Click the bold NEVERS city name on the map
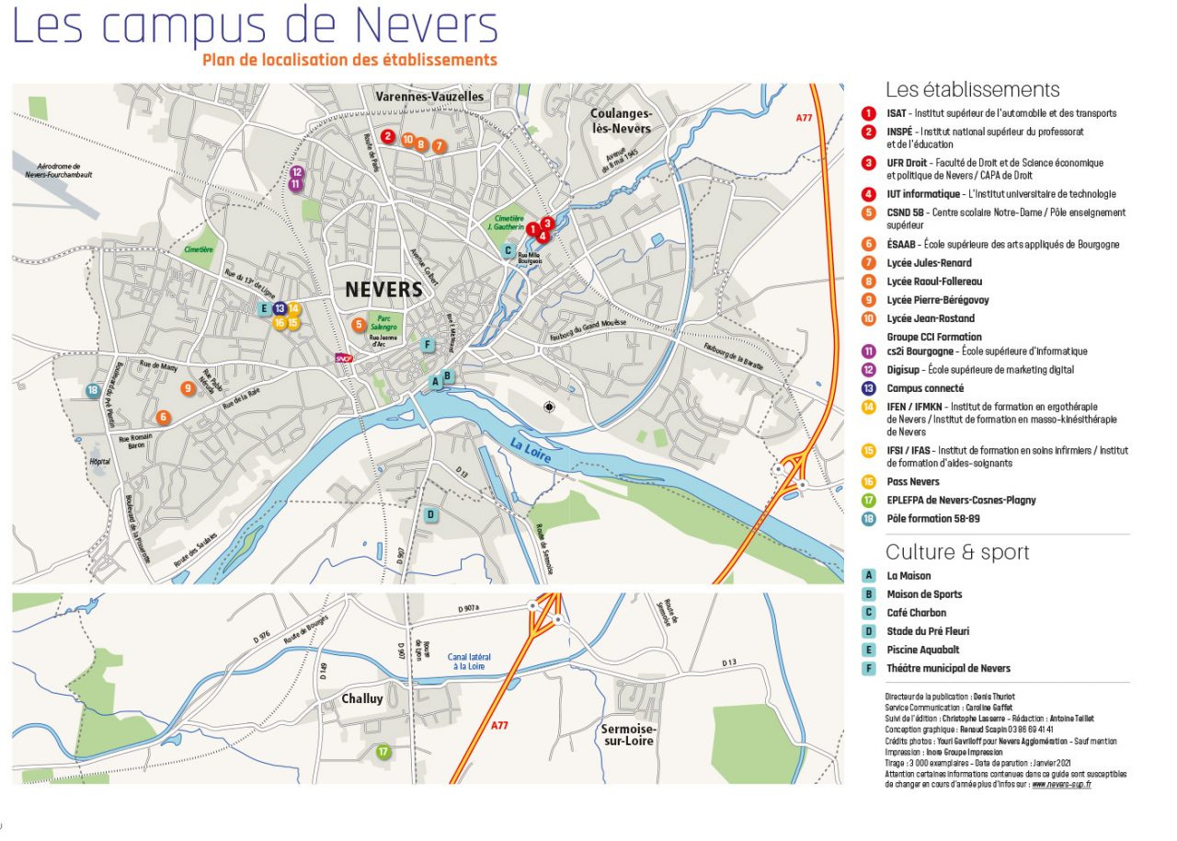(x=383, y=290)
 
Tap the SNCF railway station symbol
(x=343, y=359)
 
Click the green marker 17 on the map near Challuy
(x=383, y=752)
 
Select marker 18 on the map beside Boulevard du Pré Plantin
(x=93, y=391)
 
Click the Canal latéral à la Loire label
(x=469, y=661)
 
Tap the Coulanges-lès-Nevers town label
(x=621, y=121)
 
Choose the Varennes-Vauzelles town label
(x=429, y=97)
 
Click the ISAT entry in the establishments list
(x=1000, y=113)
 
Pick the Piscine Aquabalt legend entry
(x=923, y=650)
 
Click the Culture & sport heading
(x=957, y=552)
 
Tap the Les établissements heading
(x=972, y=89)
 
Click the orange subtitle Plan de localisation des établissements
(x=349, y=60)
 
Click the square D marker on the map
(x=429, y=514)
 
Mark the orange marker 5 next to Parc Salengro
(x=359, y=324)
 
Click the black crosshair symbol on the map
(x=550, y=407)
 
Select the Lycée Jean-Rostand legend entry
(x=930, y=318)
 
